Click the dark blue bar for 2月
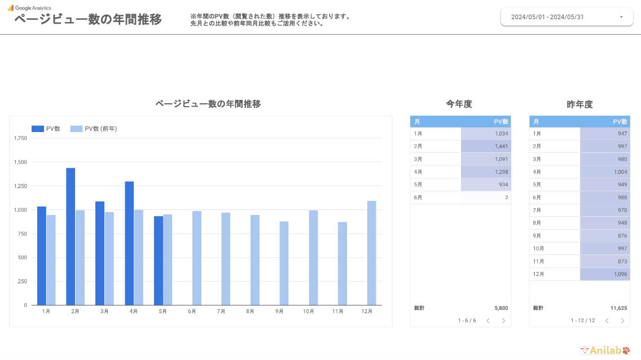(71, 236)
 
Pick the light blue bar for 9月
(284, 263)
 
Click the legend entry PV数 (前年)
(94, 129)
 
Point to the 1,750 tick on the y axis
(20, 138)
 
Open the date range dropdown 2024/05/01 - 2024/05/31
(564, 17)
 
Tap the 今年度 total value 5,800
(499, 308)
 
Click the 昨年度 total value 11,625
(617, 308)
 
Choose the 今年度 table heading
(459, 104)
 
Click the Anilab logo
(604, 350)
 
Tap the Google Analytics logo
(29, 8)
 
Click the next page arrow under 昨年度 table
(622, 321)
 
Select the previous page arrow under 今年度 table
(488, 321)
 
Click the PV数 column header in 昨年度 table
(620, 122)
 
